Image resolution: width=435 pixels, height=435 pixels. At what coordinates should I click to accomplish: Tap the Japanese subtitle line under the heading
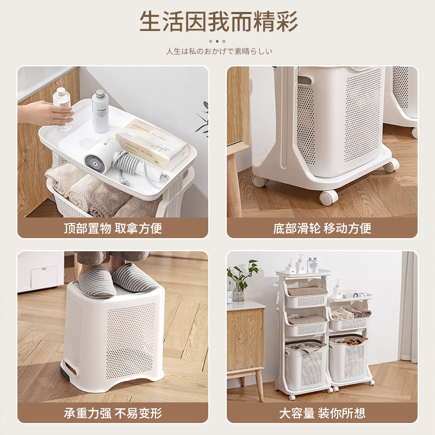coord(217,51)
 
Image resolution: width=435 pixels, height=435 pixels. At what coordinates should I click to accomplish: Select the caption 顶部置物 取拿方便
coord(113,228)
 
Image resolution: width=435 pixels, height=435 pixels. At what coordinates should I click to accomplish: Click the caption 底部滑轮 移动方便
coord(322,228)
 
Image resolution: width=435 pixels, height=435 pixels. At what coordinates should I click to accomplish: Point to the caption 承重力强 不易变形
coord(113,413)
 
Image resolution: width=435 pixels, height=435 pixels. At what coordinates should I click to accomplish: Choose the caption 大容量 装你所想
coord(322,413)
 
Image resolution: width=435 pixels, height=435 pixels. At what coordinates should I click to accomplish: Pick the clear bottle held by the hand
coord(63,109)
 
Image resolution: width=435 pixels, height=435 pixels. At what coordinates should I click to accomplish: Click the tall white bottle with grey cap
coord(100,111)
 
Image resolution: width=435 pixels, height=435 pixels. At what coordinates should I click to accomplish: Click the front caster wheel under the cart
coord(326,197)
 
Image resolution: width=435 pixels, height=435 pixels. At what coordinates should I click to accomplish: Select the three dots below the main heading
coord(217,41)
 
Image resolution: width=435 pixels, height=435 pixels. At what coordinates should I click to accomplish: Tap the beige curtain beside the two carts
coord(409,304)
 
